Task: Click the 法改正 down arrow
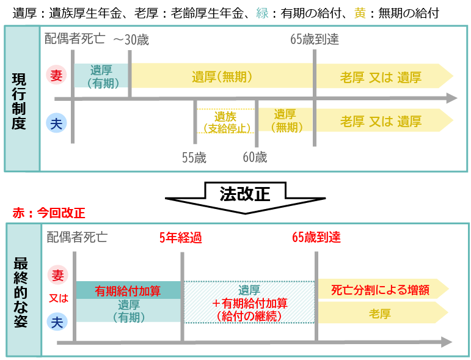coord(245,197)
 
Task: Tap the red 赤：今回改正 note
coord(49,213)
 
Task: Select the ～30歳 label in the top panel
coord(131,40)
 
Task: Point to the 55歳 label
coord(194,158)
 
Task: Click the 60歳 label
coord(255,157)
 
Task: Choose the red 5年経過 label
coord(181,238)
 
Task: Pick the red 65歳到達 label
coord(316,237)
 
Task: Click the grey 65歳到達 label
coord(315,39)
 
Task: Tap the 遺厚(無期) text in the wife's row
coord(222,77)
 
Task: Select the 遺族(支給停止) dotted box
coord(225,121)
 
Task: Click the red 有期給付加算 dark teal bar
coord(128,290)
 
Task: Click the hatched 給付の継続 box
coord(249,303)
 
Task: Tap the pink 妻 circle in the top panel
coord(56,75)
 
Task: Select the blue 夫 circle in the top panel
coord(56,123)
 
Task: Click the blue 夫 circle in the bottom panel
coord(57,322)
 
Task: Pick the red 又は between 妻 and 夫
coord(58,298)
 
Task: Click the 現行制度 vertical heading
coord(19,101)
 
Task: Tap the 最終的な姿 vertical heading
coord(20,292)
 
